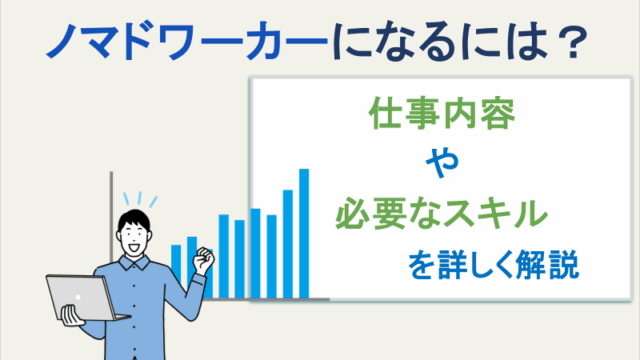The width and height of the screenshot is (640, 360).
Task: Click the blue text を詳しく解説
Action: [493, 267]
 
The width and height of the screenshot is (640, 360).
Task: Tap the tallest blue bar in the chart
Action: [304, 232]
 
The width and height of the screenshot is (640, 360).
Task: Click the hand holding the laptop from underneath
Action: [71, 319]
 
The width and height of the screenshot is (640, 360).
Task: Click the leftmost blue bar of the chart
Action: [176, 270]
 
